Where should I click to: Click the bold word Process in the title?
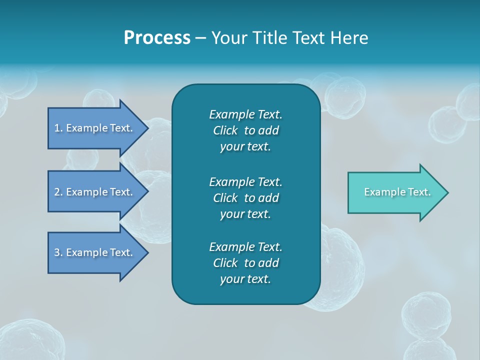click(157, 38)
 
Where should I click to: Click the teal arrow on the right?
click(395, 192)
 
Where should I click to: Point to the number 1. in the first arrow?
click(58, 128)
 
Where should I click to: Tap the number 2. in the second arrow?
click(58, 192)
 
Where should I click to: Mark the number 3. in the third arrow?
click(58, 252)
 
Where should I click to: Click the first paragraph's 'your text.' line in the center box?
click(245, 147)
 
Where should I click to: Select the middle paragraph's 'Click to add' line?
click(245, 198)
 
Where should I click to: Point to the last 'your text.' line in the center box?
click(245, 279)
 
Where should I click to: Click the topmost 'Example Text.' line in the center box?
click(245, 114)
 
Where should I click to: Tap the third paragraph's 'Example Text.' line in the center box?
click(245, 247)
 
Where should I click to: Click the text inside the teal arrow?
click(397, 192)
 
